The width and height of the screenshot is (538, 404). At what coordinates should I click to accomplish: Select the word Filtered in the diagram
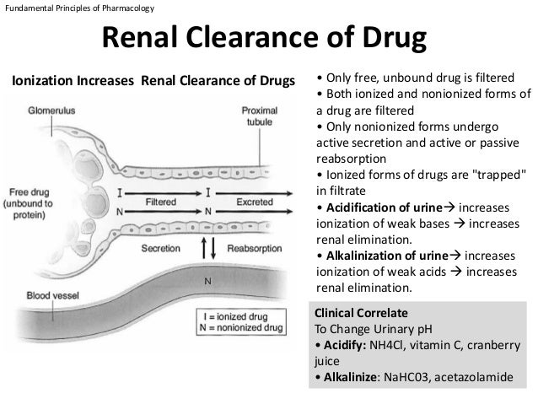coord(161,202)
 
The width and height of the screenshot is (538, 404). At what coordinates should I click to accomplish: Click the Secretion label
coord(159,249)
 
